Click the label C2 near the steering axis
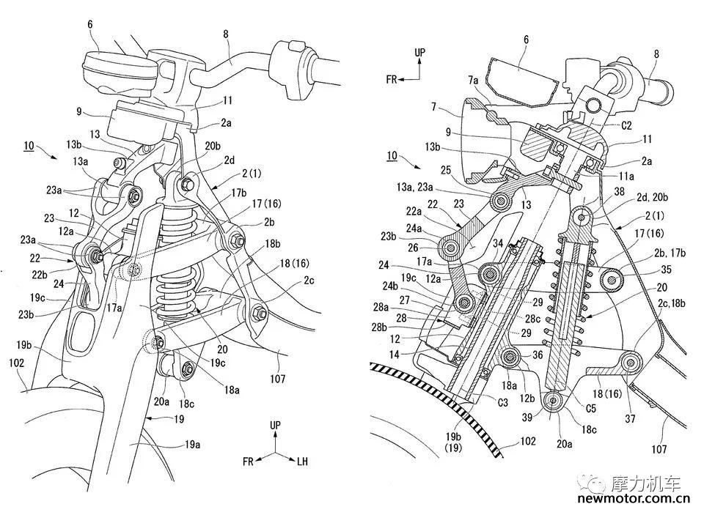[x=626, y=125]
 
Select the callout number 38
[x=620, y=192]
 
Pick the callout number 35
[x=667, y=269]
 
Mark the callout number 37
[x=631, y=418]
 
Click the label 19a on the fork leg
[x=191, y=444]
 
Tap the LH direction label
[x=303, y=461]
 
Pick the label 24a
[x=414, y=229]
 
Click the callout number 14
[x=394, y=355]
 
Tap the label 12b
[x=527, y=397]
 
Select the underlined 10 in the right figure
[x=392, y=155]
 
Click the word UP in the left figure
[x=275, y=424]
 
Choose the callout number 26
[x=413, y=247]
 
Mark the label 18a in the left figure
[x=232, y=390]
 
